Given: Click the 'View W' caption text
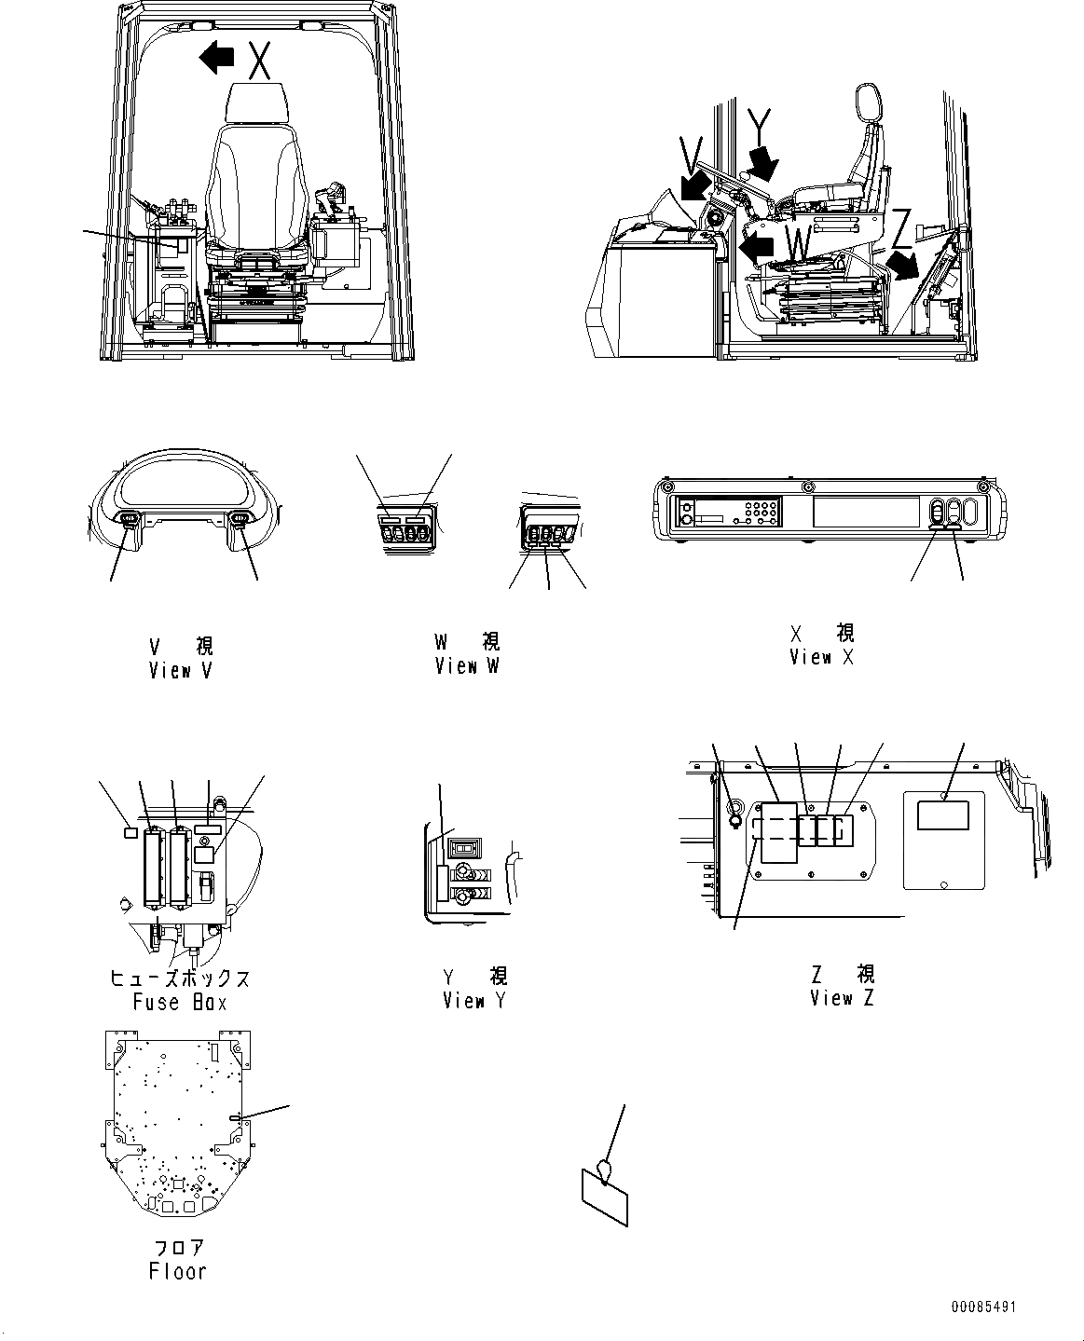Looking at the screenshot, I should pos(466,666).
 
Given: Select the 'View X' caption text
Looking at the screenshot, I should pos(821,657).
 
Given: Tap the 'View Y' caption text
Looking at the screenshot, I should pos(474,1001).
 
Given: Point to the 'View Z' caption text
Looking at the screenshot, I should pos(843,998).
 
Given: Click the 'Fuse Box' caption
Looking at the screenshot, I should pos(180,1003).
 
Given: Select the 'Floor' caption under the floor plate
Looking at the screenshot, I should pos(177,1271).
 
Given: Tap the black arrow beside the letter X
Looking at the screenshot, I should pos(217,59).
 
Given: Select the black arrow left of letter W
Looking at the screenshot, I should pos(756,247).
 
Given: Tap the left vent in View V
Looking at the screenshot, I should pos(128,520).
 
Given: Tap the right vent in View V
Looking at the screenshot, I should pos(239,520).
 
